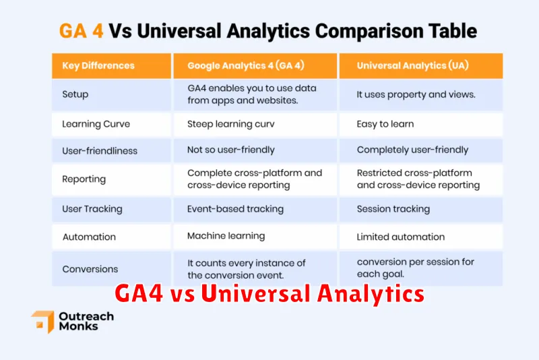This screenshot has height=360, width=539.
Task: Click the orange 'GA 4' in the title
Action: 81,30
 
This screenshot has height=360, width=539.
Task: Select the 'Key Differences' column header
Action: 98,65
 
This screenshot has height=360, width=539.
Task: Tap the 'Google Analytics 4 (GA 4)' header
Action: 246,65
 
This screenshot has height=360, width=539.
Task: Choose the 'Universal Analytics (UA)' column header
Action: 412,65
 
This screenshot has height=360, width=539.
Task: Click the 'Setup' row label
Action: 75,94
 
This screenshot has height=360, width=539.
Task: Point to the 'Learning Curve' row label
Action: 96,124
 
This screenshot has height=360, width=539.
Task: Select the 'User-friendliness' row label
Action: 100,150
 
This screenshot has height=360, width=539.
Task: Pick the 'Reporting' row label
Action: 84,179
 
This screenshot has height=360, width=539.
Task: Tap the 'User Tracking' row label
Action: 92,209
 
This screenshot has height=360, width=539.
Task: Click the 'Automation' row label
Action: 89,237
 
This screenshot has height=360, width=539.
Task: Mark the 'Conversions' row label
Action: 90,269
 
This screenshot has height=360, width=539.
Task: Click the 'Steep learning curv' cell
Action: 231,124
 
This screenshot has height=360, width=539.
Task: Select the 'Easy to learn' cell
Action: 385,124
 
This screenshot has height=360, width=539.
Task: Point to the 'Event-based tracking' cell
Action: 235,209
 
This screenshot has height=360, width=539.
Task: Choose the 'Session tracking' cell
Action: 393,209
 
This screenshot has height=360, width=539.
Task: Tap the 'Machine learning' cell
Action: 226,236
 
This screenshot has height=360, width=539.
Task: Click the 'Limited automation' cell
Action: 401,237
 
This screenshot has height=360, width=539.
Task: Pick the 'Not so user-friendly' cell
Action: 231,150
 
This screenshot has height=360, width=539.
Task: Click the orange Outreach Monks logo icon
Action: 43,322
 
